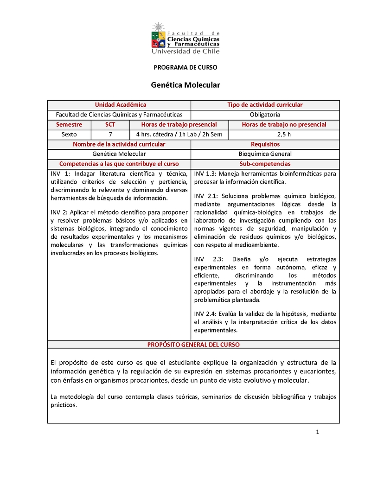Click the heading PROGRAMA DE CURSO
[185, 67]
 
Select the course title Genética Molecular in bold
[185, 85]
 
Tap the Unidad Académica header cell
[121, 105]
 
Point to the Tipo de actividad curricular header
[265, 105]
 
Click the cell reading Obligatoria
[265, 115]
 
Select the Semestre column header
[69, 124]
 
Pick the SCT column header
[110, 124]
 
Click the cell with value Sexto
[69, 134]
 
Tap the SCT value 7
[110, 134]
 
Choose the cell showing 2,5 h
[284, 134]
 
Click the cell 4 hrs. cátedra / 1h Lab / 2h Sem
[179, 134]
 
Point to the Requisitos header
[265, 144]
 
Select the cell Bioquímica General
[265, 154]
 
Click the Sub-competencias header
[265, 164]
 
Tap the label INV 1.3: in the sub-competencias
[205, 173]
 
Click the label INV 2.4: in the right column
[205, 314]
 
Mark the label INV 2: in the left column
[59, 212]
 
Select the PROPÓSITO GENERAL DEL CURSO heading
[193, 345]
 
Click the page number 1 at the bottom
[318, 432]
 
